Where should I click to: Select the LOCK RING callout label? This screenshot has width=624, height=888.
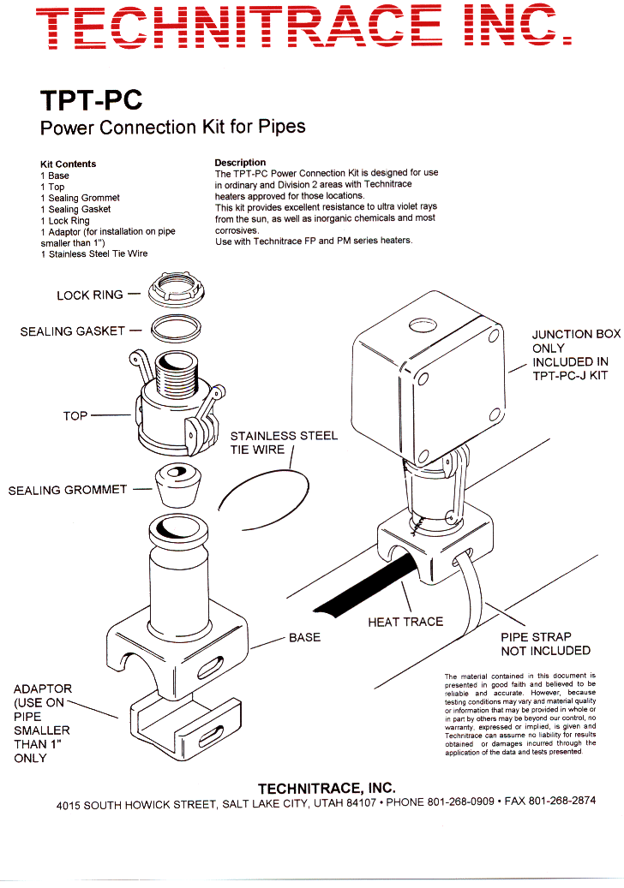coord(89,295)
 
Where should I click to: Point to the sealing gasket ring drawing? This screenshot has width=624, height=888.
coord(175,327)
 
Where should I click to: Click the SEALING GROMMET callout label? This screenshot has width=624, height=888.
coord(67,491)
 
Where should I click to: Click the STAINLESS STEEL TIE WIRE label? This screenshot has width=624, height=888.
coord(284,443)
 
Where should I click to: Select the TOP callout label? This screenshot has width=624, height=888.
coord(75,416)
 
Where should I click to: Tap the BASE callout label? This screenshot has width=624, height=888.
coord(304,638)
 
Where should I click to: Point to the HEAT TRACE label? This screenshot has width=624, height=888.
coord(405,622)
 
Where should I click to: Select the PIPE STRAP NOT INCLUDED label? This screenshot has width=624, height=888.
coord(545,644)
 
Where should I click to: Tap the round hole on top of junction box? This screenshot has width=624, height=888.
coord(422,325)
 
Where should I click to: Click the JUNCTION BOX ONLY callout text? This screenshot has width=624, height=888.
coord(574,355)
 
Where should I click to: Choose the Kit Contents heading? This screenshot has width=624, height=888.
coord(68,164)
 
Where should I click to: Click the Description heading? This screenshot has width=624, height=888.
coord(240,162)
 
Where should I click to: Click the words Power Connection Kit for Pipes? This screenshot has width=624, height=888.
coord(172,128)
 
